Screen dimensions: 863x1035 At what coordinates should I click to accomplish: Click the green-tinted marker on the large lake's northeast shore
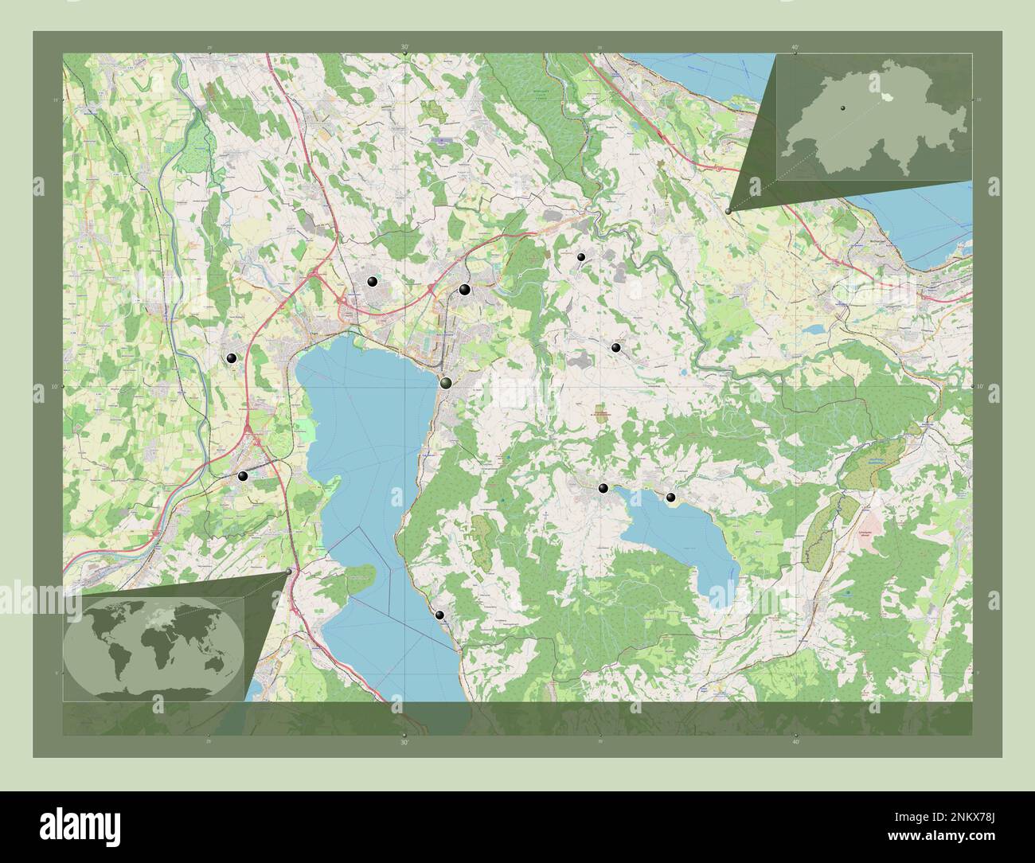(x=447, y=383)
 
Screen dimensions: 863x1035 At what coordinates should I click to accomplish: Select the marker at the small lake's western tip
(x=603, y=488)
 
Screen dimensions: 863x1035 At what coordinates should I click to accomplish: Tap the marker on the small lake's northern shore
(x=671, y=498)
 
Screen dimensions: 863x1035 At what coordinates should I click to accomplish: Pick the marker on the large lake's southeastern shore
(x=439, y=615)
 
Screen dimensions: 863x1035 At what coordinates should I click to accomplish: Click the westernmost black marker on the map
(x=231, y=359)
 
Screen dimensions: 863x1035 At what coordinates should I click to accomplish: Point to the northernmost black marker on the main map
(x=581, y=257)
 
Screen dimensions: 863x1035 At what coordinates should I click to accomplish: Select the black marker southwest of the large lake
(x=243, y=476)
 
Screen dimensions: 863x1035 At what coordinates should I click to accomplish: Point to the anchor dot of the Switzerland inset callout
(x=728, y=211)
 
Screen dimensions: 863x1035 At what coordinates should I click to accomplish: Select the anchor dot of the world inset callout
(x=288, y=571)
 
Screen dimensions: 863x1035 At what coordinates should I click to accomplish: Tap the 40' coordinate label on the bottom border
(x=795, y=741)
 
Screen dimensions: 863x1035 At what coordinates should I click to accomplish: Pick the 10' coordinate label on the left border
(x=37, y=387)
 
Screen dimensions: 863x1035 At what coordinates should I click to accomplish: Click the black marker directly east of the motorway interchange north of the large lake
(x=373, y=281)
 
